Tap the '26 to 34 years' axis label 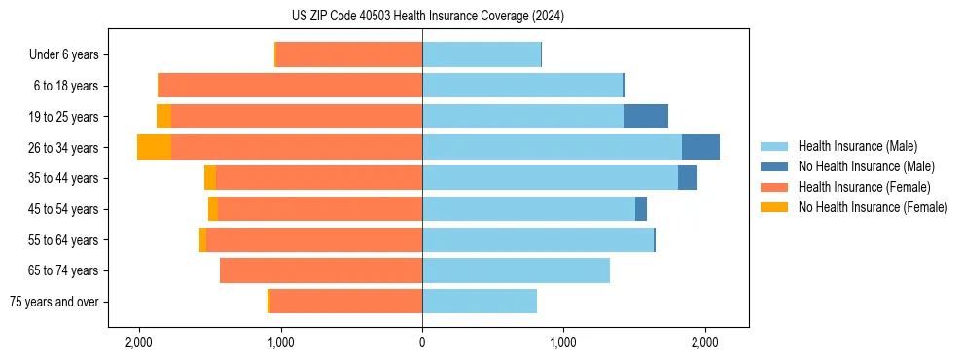[x=65, y=148]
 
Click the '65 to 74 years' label [x=65, y=270]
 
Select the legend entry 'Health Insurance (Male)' [x=857, y=146]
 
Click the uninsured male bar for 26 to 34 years [x=700, y=147]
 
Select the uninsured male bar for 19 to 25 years [x=646, y=117]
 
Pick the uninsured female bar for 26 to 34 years [x=154, y=147]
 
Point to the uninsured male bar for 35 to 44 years [x=688, y=178]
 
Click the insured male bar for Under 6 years [x=481, y=55]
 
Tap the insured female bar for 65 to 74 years [x=321, y=270]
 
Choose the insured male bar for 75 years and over [x=480, y=302]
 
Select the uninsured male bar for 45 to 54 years [x=641, y=209]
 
